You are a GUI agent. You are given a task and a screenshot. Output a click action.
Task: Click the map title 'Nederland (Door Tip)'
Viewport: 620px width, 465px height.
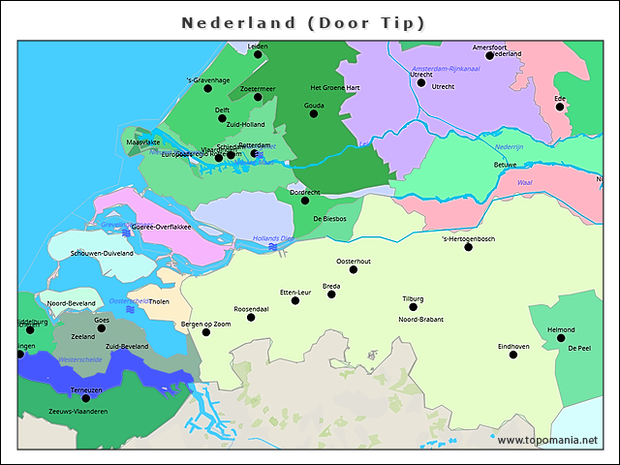click(x=303, y=22)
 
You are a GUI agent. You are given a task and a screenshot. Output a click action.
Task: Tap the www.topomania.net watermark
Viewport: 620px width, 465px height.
click(x=547, y=440)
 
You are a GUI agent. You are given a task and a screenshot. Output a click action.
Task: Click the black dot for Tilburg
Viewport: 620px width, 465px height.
click(x=414, y=307)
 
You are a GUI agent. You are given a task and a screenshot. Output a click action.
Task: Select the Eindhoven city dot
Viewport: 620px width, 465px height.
click(x=513, y=355)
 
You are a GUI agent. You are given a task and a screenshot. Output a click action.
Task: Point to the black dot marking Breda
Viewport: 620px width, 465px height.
click(x=332, y=294)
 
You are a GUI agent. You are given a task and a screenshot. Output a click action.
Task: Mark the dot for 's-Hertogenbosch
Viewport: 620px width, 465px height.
click(x=469, y=247)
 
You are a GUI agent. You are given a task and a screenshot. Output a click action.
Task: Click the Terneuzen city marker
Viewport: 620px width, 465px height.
click(x=85, y=398)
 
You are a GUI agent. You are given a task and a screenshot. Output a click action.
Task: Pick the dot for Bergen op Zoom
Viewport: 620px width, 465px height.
click(x=206, y=332)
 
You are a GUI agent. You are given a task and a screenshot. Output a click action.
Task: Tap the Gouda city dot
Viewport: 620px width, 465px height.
click(x=314, y=113)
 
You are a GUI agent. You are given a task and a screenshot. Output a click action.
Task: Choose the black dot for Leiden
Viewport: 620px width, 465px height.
click(x=258, y=54)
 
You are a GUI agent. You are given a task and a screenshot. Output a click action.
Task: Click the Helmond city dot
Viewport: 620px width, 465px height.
click(x=561, y=338)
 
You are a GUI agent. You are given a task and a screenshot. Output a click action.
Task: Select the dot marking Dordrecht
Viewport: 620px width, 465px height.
click(x=305, y=201)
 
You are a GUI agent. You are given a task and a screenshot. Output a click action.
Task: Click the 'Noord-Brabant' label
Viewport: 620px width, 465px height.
click(x=422, y=319)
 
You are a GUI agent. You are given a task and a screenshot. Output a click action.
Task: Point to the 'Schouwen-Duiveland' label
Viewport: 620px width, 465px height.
click(x=102, y=253)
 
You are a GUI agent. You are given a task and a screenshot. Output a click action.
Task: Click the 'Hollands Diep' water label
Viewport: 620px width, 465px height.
click(x=273, y=238)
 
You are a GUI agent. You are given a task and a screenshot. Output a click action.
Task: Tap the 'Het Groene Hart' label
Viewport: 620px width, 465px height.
click(x=335, y=87)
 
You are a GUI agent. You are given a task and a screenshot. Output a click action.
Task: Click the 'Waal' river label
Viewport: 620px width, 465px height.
click(x=525, y=182)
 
